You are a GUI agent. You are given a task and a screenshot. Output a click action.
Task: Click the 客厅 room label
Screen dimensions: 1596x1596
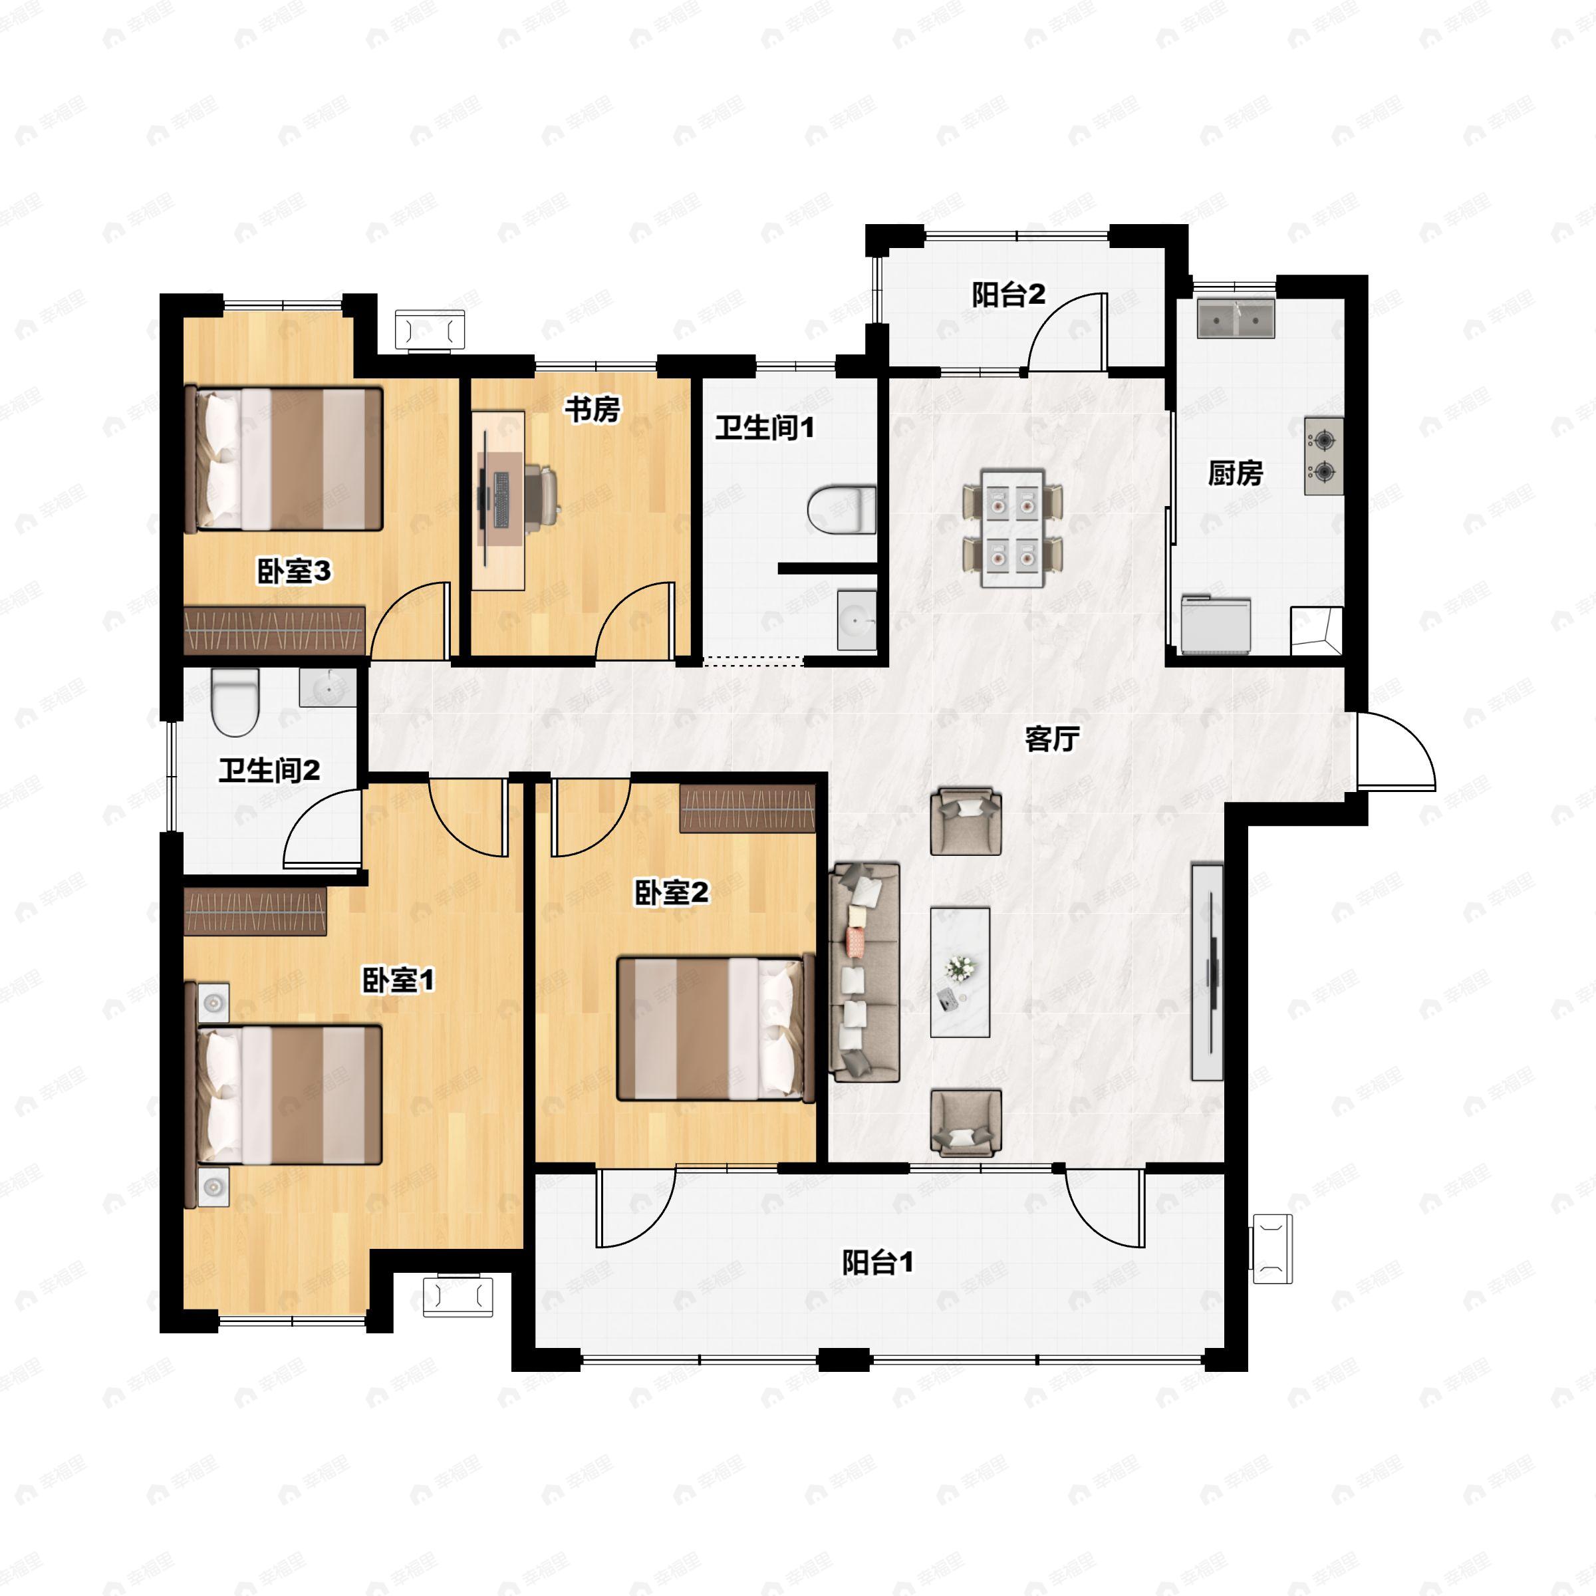click(1051, 739)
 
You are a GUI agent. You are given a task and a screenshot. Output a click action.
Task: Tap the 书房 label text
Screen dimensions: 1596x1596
click(593, 409)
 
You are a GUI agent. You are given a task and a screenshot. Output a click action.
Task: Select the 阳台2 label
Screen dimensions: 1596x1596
click(1009, 295)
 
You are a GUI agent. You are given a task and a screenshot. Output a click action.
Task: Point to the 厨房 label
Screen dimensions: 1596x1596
click(1235, 473)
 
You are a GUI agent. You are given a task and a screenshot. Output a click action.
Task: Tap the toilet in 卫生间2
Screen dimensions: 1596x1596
click(235, 702)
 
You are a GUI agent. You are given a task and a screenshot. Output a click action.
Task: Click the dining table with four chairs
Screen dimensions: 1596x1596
click(1013, 529)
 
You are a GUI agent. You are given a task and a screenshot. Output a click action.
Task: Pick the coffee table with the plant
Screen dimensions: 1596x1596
click(960, 972)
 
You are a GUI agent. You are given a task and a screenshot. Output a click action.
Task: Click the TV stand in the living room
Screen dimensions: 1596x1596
click(1207, 972)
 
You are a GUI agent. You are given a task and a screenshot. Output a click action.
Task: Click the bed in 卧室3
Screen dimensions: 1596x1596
click(284, 460)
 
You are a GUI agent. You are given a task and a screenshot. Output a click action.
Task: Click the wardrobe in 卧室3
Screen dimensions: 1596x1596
click(274, 631)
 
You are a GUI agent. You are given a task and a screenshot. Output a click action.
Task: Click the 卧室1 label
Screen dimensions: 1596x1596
click(399, 981)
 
